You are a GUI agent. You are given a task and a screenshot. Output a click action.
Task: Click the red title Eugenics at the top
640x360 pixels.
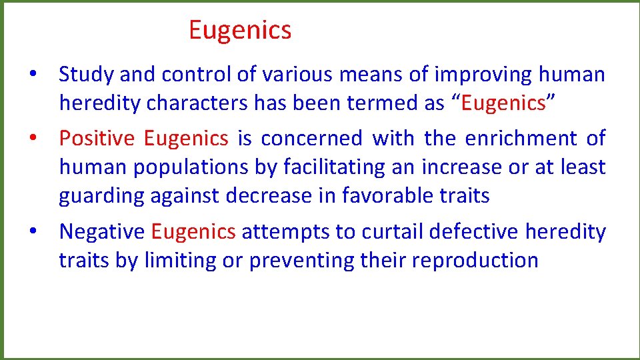coord(240,31)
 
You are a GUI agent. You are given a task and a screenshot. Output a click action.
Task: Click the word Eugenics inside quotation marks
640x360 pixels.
coord(504,103)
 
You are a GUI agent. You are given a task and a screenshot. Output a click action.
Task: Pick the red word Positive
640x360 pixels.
coord(97,138)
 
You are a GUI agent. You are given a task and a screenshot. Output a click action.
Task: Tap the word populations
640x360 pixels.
coord(193,167)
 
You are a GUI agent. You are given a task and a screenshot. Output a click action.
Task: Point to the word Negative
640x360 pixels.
coord(101,231)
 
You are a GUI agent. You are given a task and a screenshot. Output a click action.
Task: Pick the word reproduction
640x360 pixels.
coord(475,261)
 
